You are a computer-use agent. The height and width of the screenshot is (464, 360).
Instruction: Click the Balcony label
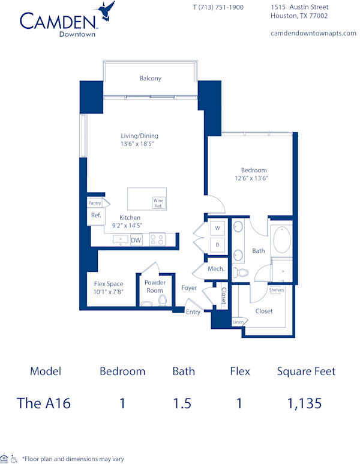150,79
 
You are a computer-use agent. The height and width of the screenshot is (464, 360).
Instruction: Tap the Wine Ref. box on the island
159,203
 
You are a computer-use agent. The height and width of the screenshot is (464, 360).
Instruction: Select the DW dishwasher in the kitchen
136,240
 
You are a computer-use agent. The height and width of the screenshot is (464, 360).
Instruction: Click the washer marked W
217,229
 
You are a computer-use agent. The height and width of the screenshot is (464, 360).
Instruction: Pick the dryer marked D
217,244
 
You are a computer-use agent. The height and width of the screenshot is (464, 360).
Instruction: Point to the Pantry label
95,203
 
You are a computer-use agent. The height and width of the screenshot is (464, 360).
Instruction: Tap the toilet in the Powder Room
147,300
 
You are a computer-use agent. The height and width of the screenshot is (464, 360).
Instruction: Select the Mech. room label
216,269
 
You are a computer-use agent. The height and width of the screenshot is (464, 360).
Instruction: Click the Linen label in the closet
238,322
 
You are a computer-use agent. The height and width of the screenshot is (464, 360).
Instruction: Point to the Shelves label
277,290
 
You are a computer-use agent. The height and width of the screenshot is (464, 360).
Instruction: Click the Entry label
193,312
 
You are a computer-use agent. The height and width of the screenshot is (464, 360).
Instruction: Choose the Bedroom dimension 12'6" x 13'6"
251,178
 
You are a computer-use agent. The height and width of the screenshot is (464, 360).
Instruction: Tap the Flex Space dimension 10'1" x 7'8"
109,292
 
